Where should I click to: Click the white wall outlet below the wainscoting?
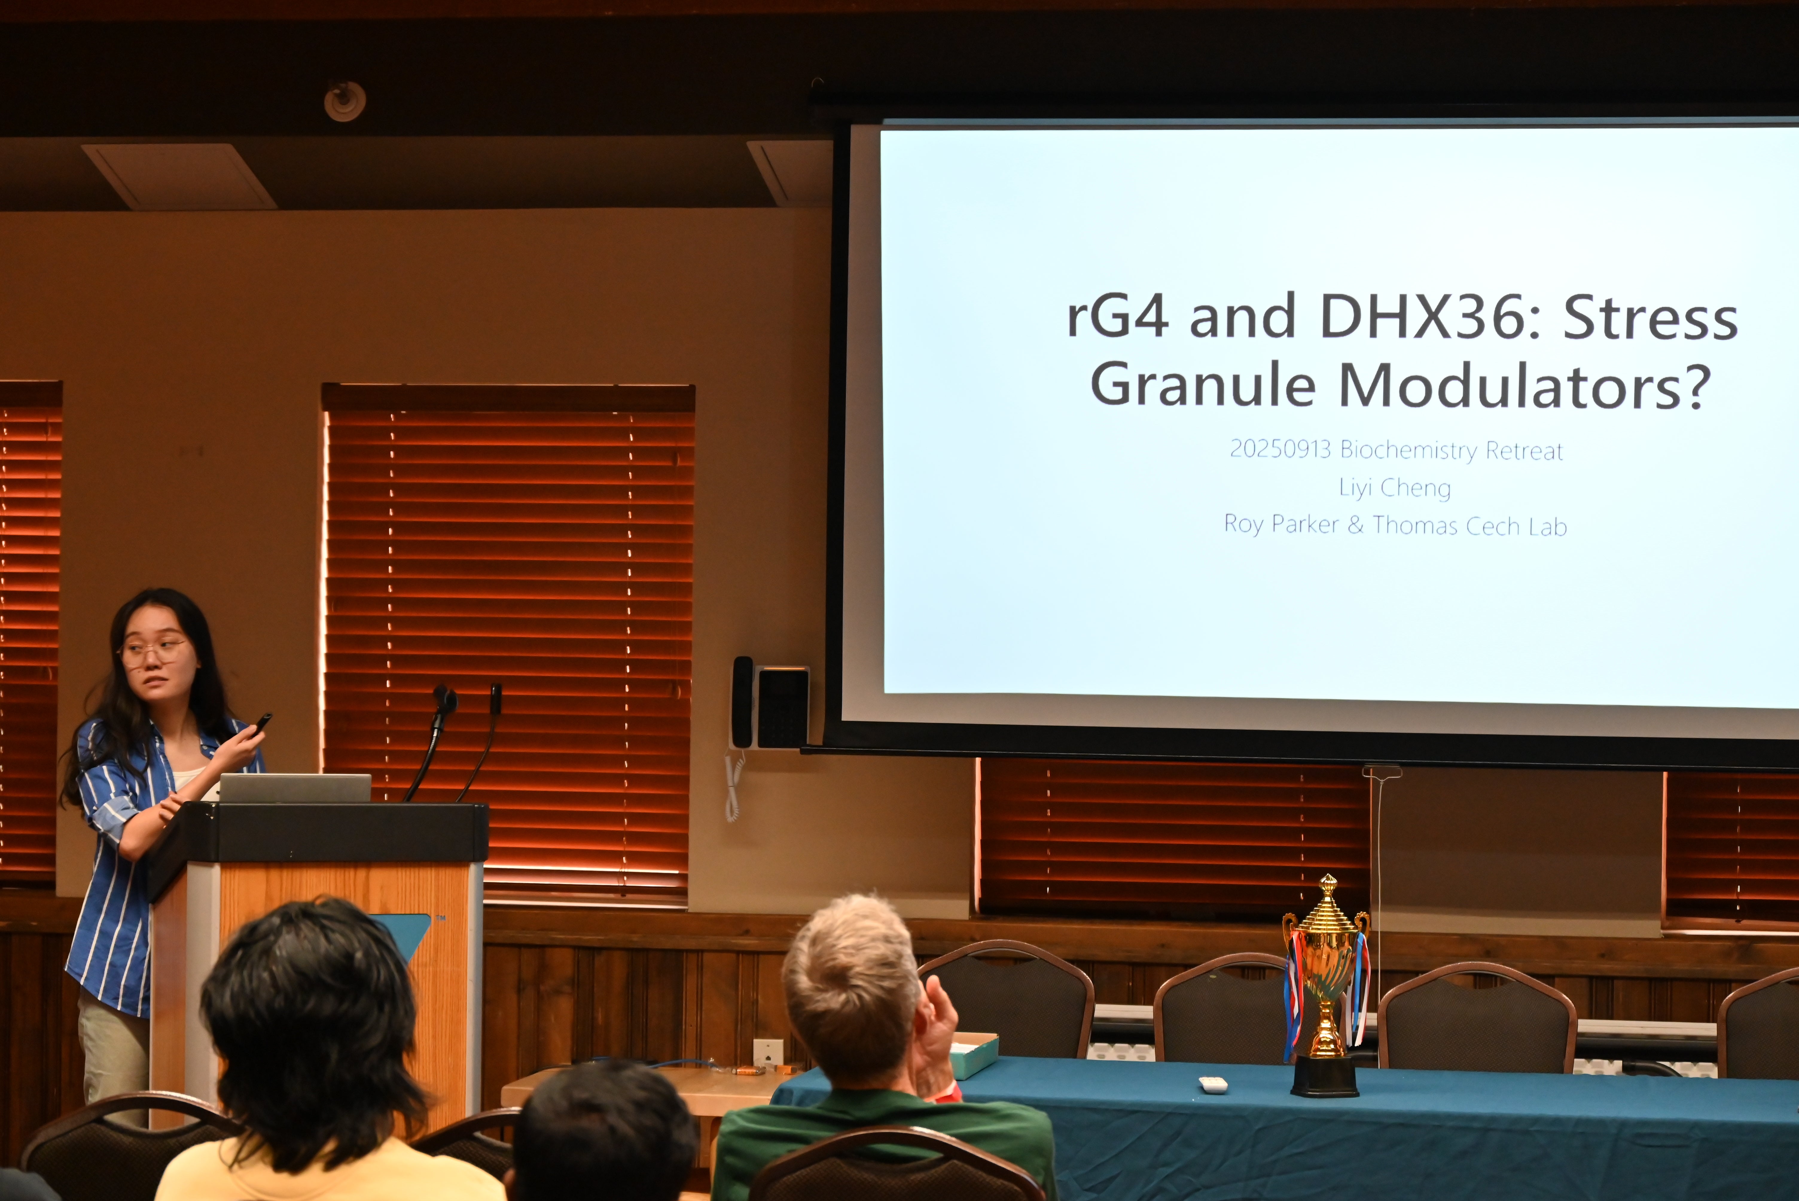point(768,1053)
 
